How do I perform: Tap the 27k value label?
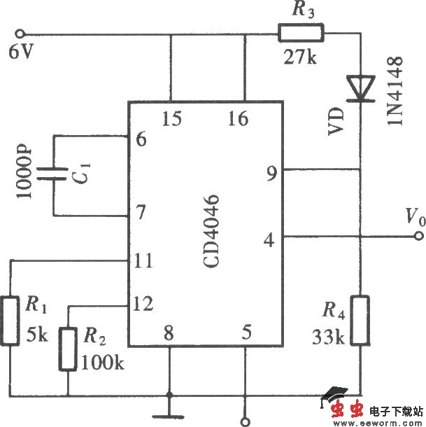(301, 57)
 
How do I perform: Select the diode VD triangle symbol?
(361, 88)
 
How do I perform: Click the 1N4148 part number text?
(396, 91)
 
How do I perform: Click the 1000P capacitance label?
(25, 172)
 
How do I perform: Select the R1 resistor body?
(10, 321)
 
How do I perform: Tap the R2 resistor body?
(68, 348)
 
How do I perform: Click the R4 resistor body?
(360, 320)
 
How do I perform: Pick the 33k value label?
(328, 337)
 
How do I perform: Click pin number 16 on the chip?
(238, 118)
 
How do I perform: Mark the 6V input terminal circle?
(21, 33)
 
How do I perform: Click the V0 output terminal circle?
(418, 237)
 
